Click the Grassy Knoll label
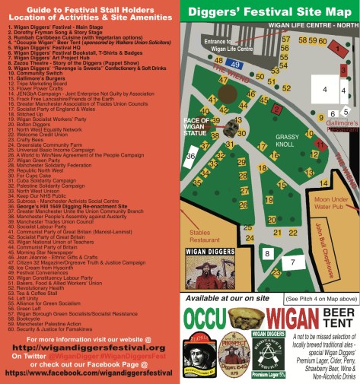(x=267, y=138)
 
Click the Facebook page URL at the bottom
(x=91, y=373)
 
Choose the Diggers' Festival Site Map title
(x=270, y=11)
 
